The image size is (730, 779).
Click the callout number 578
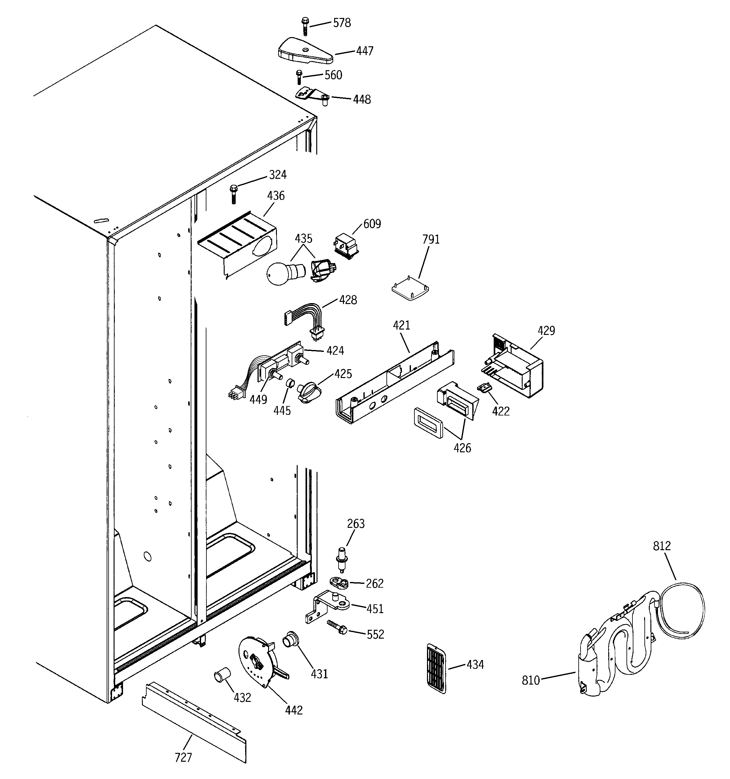click(342, 23)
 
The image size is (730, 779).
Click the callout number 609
click(372, 224)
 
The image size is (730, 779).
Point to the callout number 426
click(462, 448)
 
